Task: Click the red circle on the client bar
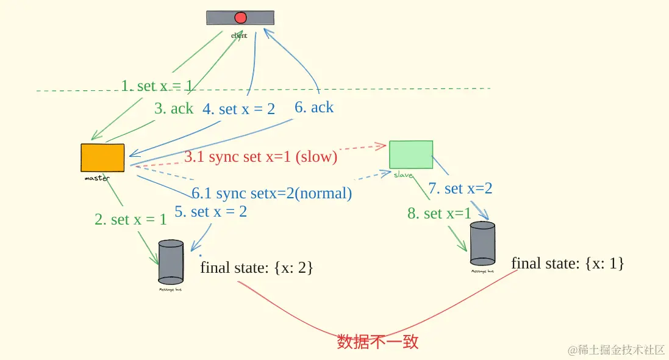240,18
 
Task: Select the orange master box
102,157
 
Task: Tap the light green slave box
411,154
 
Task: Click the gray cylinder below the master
171,262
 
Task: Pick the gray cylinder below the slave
482,244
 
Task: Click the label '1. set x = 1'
157,86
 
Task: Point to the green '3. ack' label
174,109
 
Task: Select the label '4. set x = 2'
238,109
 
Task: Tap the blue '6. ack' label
314,107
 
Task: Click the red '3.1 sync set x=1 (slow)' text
261,157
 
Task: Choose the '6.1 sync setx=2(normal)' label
272,193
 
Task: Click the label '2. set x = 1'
131,220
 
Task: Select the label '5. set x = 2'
210,212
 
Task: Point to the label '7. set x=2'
460,189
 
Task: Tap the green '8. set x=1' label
439,214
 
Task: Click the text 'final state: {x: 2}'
256,267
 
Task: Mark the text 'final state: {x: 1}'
568,263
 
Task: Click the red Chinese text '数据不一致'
377,342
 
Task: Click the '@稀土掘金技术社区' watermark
616,350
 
